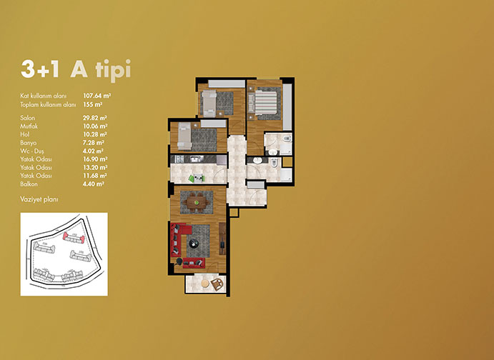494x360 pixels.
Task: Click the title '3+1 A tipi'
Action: [76, 69]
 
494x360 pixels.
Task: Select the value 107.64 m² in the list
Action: [97, 96]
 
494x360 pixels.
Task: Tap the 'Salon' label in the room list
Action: [27, 118]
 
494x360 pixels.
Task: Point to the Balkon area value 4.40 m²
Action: [93, 184]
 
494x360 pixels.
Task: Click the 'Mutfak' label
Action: [29, 126]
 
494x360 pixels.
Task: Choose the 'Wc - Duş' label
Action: [32, 151]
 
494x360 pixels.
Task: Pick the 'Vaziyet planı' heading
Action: [39, 199]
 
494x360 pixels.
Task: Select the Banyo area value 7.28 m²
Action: [93, 143]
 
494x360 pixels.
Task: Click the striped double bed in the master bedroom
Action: [266, 103]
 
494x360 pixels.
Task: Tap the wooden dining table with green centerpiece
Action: [197, 202]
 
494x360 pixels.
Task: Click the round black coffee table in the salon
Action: [193, 243]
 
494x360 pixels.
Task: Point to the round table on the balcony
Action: [205, 284]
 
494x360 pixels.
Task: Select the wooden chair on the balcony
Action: [217, 284]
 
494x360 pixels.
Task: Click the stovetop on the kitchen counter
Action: [179, 159]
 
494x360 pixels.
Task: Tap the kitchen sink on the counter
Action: [197, 159]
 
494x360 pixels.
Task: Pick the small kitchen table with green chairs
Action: [197, 178]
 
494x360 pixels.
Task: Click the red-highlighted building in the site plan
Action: [74, 238]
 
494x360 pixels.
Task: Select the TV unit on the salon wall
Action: [222, 239]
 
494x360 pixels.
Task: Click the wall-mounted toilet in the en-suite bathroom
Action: [287, 139]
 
